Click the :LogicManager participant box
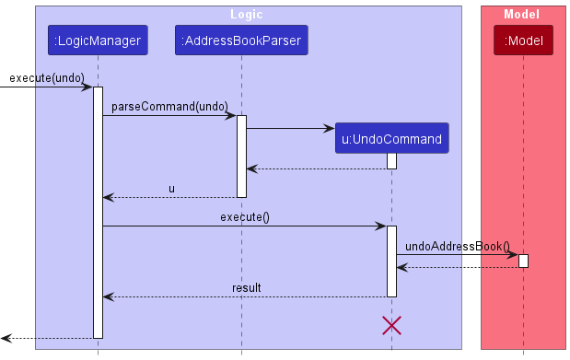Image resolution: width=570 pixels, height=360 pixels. click(x=98, y=41)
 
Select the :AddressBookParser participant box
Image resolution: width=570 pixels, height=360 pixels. click(x=241, y=41)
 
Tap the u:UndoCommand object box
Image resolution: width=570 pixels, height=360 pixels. click(x=391, y=139)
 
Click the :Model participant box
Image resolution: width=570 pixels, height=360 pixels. click(x=523, y=41)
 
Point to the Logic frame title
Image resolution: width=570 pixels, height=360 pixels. click(x=249, y=14)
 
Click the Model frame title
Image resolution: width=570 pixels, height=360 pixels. click(x=521, y=14)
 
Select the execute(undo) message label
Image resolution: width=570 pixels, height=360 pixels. click(x=47, y=78)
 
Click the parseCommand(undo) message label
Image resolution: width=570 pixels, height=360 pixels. click(x=169, y=107)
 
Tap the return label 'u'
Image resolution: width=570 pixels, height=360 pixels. click(x=171, y=188)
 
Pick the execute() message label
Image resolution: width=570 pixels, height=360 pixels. click(x=244, y=216)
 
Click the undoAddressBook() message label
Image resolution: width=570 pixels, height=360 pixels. click(x=458, y=246)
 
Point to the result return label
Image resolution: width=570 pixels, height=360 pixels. click(x=246, y=287)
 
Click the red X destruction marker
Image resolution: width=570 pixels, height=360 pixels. click(x=391, y=325)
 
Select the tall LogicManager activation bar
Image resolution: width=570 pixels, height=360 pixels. click(x=98, y=212)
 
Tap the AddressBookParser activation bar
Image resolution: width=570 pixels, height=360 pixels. click(x=241, y=156)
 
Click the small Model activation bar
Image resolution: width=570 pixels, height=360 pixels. click(x=523, y=261)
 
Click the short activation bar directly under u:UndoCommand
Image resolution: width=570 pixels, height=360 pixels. click(x=391, y=161)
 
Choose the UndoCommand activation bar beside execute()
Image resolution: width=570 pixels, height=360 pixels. click(x=391, y=261)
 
